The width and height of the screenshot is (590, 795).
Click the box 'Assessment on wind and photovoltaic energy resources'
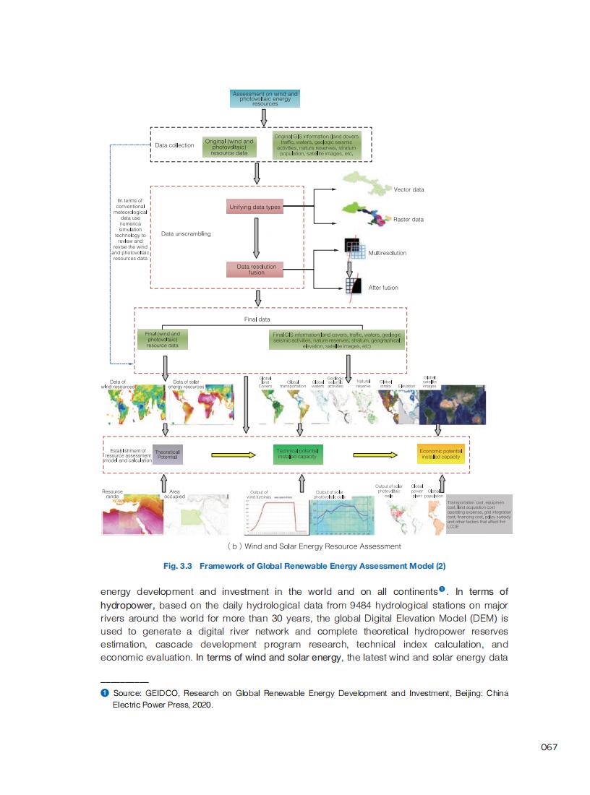point(265,98)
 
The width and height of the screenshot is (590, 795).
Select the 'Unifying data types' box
point(254,207)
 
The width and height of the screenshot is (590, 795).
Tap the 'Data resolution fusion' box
point(256,270)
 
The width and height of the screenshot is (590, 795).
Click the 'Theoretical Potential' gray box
point(167,455)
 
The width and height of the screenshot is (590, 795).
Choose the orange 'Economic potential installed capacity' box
point(440,454)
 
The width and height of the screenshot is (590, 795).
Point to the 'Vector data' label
point(409,189)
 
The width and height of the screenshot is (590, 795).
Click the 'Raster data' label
point(409,219)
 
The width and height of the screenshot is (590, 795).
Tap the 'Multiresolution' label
point(388,253)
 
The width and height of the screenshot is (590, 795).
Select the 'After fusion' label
point(383,288)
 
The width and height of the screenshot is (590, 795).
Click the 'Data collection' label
point(174,145)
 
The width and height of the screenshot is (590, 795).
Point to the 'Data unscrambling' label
point(186,234)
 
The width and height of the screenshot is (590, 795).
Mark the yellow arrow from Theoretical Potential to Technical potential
point(233,455)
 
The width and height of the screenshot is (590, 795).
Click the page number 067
point(550,747)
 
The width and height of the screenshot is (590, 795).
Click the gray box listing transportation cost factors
point(479,514)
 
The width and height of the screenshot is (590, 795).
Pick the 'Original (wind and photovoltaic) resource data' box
point(229,147)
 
